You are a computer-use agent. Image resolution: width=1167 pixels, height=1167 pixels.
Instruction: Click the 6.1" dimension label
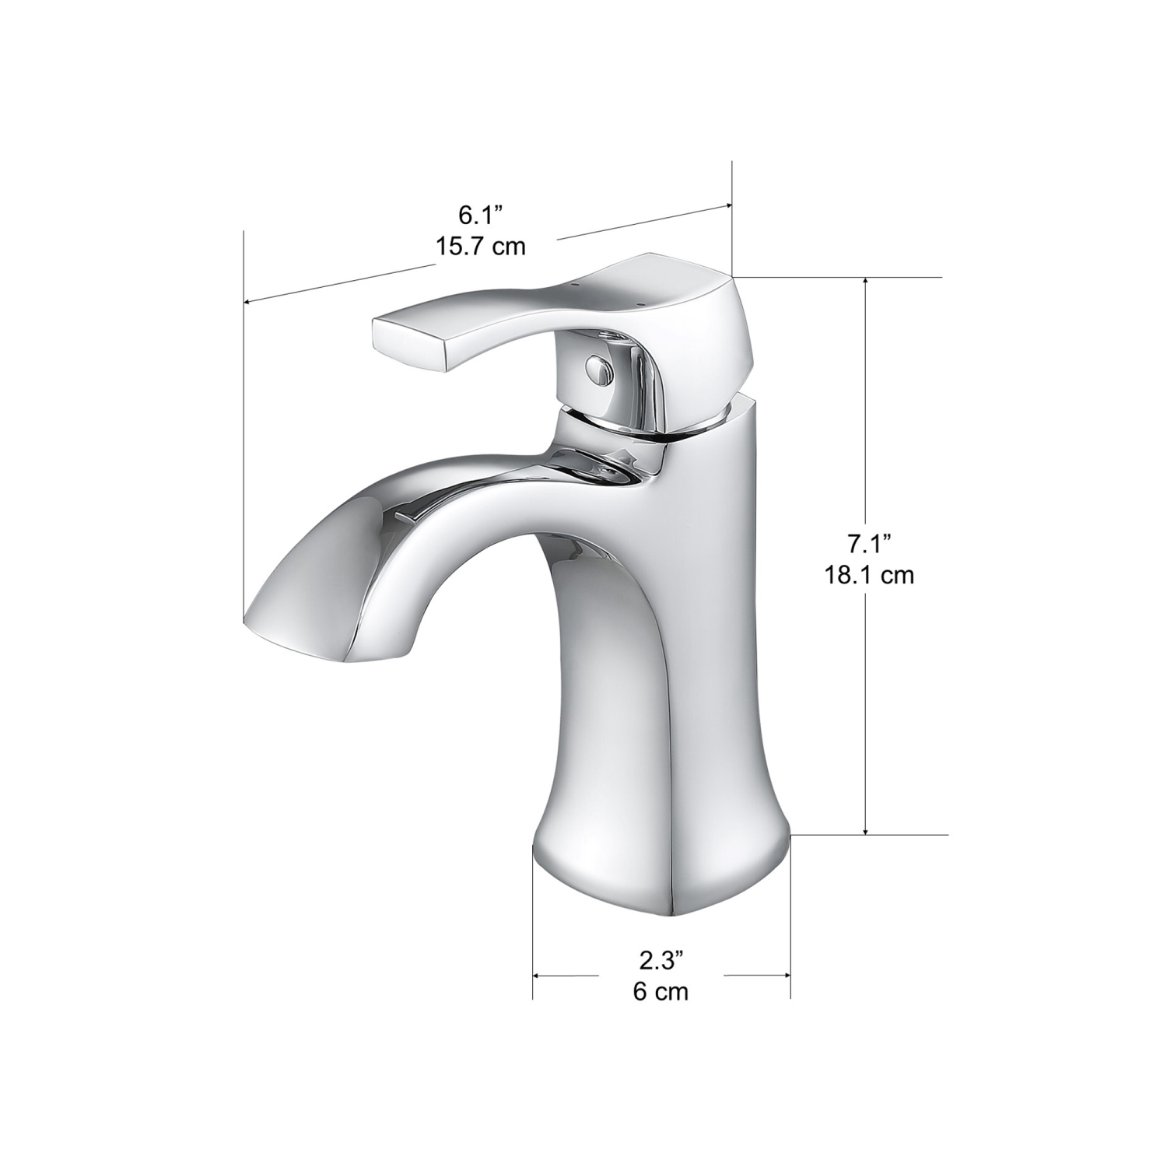coord(481,214)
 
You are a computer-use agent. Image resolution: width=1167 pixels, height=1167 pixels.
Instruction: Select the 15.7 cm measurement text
coord(481,247)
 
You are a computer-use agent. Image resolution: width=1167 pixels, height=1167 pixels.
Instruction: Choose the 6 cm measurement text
coord(661,992)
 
